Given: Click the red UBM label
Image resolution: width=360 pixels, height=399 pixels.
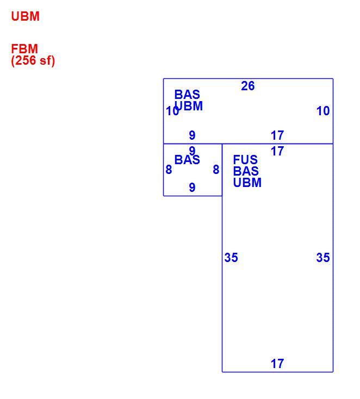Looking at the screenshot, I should (25, 16).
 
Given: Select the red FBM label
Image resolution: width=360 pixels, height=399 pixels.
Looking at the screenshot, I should (24, 49).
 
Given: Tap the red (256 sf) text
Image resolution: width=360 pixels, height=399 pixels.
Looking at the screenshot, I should (33, 60).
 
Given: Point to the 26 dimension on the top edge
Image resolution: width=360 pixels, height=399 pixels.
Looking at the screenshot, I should (247, 86).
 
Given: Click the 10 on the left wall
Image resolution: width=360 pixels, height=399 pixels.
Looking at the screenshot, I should (172, 111).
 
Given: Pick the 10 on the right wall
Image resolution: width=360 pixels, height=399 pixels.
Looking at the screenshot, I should (323, 111).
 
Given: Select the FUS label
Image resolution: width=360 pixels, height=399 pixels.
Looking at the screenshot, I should (245, 160).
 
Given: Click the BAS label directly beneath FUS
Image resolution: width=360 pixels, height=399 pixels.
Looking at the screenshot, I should (246, 171).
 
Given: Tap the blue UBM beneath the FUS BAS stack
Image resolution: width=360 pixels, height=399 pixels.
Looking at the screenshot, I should (247, 183).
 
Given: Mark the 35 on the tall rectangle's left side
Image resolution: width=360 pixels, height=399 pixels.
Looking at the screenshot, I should (231, 258).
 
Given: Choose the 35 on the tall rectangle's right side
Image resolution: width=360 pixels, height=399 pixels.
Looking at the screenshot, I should (323, 258).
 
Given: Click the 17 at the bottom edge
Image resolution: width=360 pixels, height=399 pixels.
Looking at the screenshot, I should (277, 364).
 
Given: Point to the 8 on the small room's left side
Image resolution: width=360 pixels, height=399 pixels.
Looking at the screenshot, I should (169, 170).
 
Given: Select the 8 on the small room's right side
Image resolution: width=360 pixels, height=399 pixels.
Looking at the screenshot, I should (216, 170).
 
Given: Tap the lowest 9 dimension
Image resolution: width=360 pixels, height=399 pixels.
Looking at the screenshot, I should (192, 188).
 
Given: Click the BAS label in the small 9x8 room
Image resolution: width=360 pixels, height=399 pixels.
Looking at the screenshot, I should (187, 160).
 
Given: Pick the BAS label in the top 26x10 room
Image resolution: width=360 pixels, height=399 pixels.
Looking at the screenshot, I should (187, 95).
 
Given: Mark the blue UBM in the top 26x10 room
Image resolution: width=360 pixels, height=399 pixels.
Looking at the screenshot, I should (189, 106).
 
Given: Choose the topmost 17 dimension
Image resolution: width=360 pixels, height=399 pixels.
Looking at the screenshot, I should (277, 135).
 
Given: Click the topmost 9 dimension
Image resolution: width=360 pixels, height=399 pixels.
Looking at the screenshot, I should (192, 135).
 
